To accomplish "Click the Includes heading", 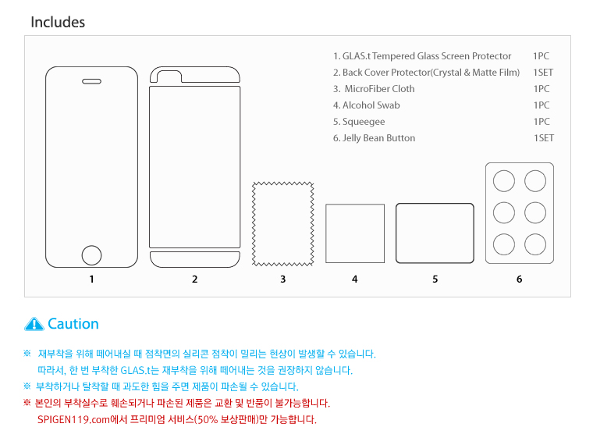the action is point(58,23).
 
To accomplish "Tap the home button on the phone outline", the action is point(91,255).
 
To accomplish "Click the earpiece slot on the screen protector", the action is point(91,81).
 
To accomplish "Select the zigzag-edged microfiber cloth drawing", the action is point(283,224).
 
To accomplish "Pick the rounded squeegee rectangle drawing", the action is point(435,233).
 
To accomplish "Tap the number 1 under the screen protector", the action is point(91,279).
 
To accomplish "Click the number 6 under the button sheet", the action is point(519,279).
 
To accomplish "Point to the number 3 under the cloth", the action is point(283,279).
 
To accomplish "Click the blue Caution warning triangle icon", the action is point(34,324).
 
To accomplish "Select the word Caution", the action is point(73,324).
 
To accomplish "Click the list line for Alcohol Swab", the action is point(366,105).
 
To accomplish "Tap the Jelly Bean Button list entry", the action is point(374,138).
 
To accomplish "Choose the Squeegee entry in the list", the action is point(359,122).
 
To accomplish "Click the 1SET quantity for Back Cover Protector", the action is point(543,73).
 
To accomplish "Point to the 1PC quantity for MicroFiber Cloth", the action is point(542,89).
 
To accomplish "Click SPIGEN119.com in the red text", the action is point(73,420).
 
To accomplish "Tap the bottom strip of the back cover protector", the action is point(195,259).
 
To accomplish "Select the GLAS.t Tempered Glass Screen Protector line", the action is point(422,56).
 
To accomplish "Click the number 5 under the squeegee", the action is point(435,279).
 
